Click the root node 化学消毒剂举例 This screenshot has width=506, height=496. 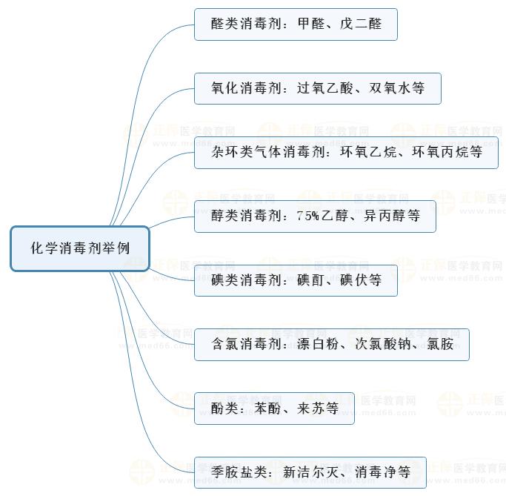click(80, 248)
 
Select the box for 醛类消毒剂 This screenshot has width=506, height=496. click(296, 24)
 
